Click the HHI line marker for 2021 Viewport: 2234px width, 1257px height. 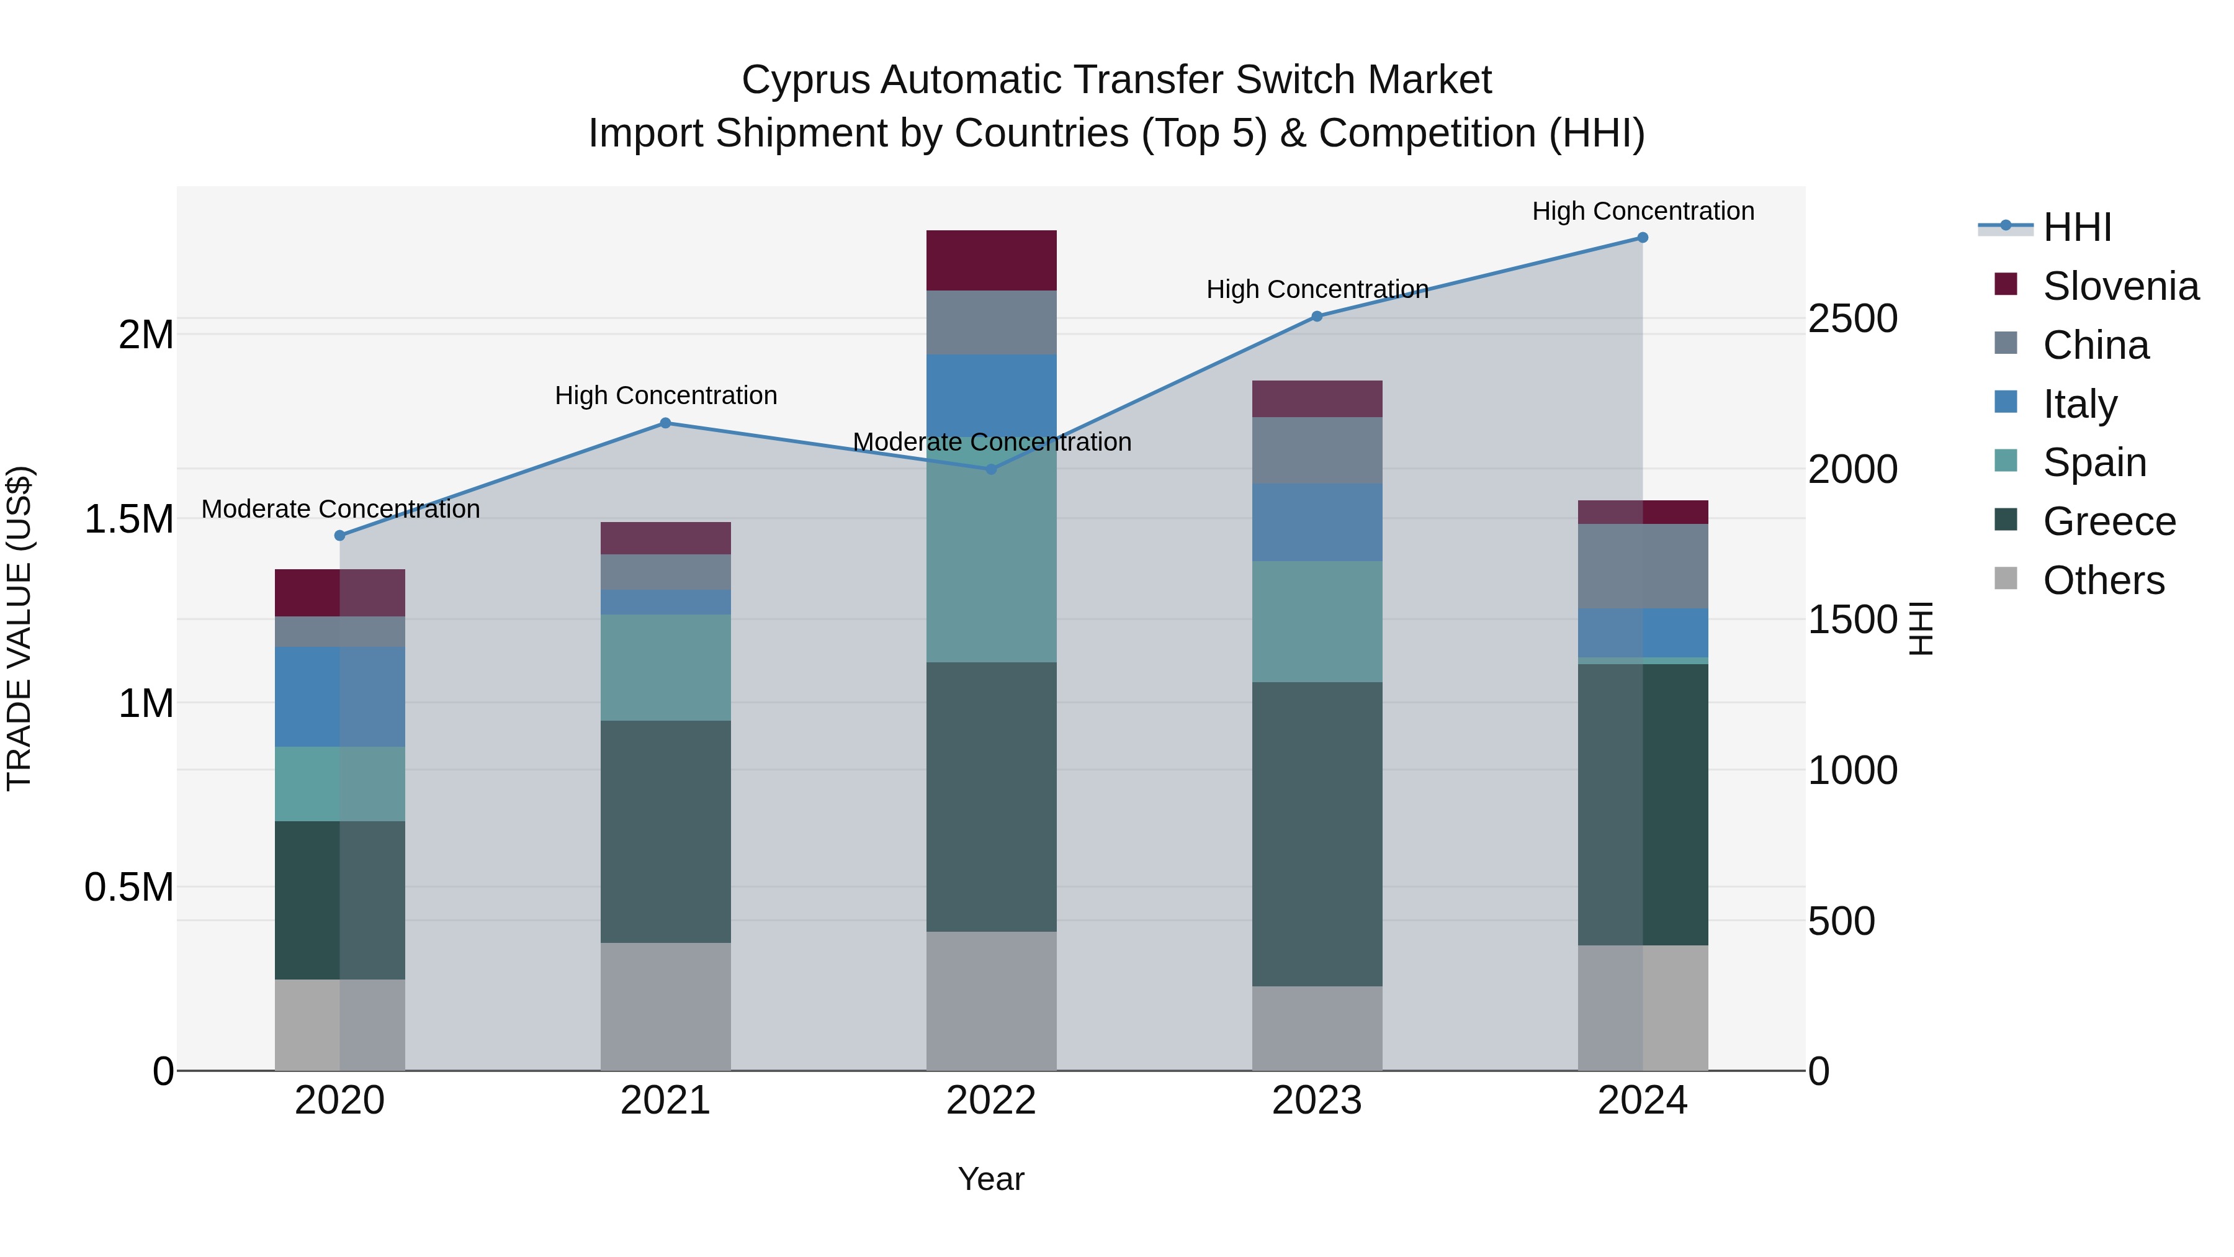[665, 423]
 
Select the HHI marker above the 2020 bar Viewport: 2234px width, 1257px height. [340, 536]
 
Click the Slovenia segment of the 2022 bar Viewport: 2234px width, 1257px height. [991, 260]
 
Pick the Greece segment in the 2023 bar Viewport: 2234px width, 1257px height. [1316, 834]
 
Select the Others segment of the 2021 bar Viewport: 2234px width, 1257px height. [665, 1006]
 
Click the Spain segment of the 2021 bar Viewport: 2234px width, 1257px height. [665, 667]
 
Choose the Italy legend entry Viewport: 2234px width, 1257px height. [2079, 404]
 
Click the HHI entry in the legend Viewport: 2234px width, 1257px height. [2076, 227]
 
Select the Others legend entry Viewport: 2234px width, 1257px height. [2102, 580]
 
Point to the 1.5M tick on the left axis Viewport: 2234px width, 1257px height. [129, 520]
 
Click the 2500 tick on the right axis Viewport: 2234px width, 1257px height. [1852, 318]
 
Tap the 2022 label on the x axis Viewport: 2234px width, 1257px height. [991, 1101]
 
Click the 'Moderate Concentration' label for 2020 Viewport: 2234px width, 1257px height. [340, 509]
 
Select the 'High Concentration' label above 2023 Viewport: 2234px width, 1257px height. [1316, 289]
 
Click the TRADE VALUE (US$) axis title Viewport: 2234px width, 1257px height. [19, 628]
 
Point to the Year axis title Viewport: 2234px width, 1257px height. [991, 1179]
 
